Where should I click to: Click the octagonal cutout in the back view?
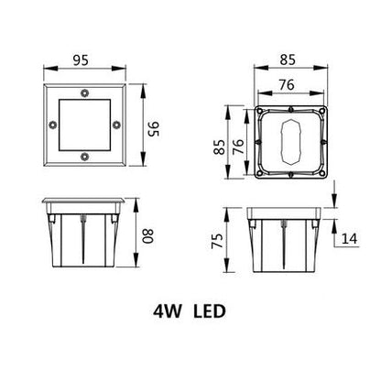coord(289,145)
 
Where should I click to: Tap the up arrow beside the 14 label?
coord(338,231)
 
